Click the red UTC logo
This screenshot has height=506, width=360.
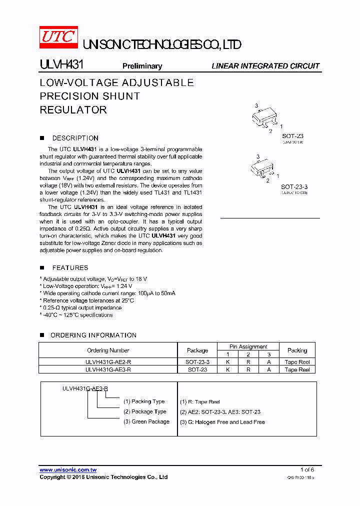click(x=58, y=37)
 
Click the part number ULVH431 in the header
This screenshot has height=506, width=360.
click(x=61, y=65)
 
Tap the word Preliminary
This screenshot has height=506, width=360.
click(x=142, y=66)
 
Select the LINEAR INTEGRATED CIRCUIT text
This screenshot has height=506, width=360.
click(x=265, y=66)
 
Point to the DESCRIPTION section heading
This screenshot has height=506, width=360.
click(x=75, y=138)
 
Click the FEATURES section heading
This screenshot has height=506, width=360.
click(x=70, y=268)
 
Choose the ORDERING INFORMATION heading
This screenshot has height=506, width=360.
click(x=93, y=335)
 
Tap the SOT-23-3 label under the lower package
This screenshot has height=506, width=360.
click(x=294, y=187)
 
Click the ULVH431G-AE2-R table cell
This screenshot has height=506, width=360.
click(x=108, y=362)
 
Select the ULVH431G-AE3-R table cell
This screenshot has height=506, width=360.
click(x=108, y=369)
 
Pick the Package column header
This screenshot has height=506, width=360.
click(x=197, y=350)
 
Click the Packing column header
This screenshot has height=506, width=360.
click(x=297, y=350)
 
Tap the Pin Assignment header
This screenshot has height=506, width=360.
click(x=248, y=346)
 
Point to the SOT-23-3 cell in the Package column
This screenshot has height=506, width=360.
click(x=197, y=362)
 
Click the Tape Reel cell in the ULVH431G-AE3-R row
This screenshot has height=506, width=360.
click(x=297, y=369)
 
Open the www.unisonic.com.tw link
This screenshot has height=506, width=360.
click(x=68, y=469)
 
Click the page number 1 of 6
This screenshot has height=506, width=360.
click(x=307, y=469)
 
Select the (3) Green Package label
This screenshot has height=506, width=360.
click(x=146, y=421)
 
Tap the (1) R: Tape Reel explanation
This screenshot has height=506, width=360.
click(x=200, y=401)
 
